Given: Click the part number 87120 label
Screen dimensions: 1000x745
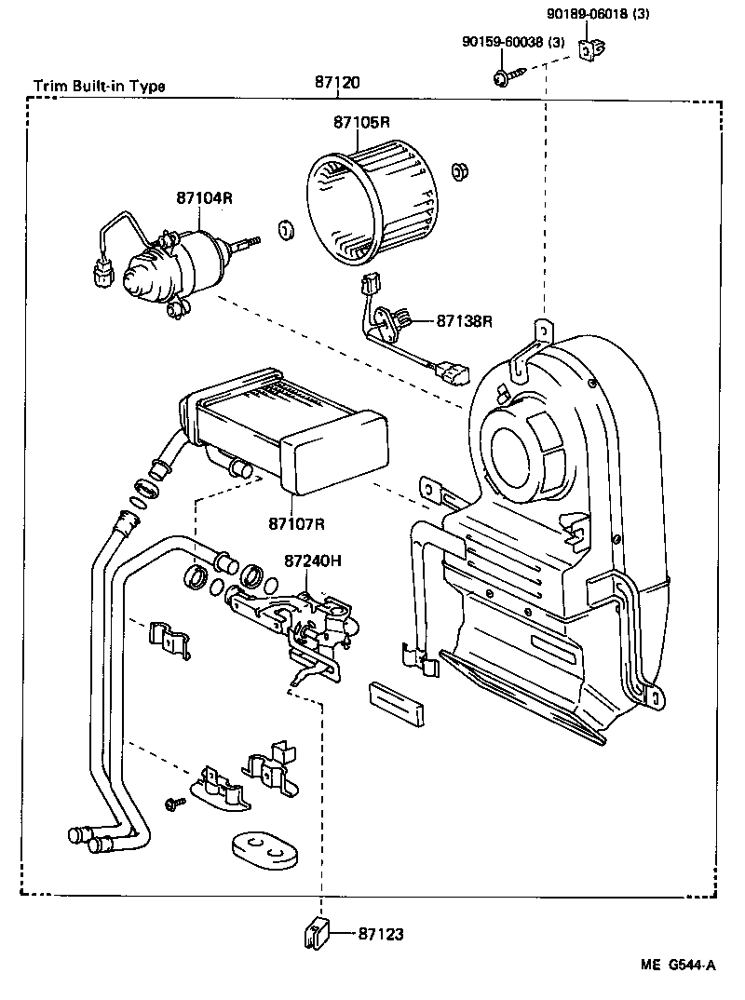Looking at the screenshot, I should (336, 83).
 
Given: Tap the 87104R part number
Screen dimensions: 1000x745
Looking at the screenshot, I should (203, 197).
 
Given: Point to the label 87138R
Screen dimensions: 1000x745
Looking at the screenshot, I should (464, 321).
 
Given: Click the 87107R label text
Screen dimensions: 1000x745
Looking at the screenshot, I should (296, 523).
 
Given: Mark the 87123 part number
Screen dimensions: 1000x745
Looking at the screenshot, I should (382, 933).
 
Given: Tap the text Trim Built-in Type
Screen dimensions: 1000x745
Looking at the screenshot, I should (100, 86).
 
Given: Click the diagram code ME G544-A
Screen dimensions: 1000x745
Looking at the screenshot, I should (677, 966).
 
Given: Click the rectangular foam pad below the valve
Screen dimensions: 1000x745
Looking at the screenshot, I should (397, 700).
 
